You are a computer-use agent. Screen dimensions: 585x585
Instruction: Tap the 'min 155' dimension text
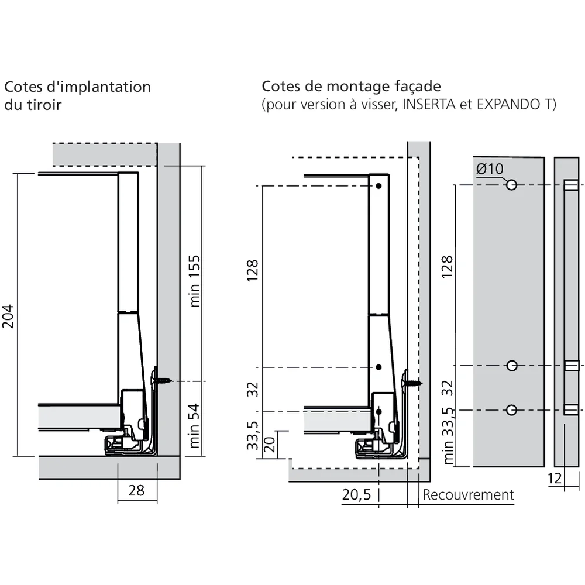click(x=195, y=280)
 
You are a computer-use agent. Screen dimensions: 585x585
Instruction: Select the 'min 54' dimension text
click(x=195, y=426)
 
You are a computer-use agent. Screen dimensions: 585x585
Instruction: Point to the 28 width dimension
click(x=136, y=490)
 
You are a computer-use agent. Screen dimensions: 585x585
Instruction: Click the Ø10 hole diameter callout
click(x=489, y=168)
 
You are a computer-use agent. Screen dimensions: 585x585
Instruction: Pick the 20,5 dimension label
click(x=356, y=495)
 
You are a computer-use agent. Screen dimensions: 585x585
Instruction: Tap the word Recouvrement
click(x=468, y=495)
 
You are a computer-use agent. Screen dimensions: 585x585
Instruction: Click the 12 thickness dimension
click(x=555, y=479)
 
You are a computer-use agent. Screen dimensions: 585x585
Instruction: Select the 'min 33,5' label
click(x=448, y=436)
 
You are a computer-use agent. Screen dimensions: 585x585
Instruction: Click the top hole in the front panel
click(x=512, y=185)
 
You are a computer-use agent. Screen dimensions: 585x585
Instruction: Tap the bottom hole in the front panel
click(x=512, y=409)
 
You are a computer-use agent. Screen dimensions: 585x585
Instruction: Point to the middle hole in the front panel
click(x=512, y=366)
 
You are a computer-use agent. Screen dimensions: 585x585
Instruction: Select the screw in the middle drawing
click(x=414, y=383)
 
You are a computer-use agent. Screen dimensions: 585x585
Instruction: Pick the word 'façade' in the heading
click(x=415, y=87)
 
